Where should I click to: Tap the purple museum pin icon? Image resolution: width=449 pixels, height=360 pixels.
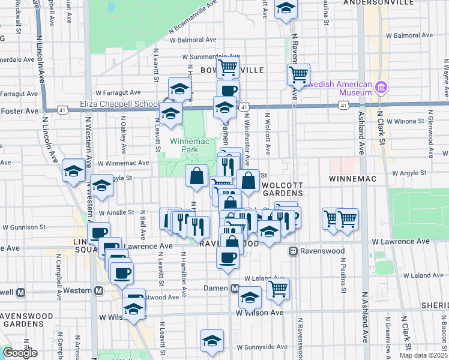381,89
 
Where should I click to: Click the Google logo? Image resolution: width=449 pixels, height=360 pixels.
19,353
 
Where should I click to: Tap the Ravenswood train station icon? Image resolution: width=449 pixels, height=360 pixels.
294,251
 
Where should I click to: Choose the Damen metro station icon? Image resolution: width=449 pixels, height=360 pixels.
236,289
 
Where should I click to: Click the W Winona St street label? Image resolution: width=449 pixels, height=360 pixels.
408,121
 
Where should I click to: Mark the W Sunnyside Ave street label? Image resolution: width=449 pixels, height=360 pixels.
262,347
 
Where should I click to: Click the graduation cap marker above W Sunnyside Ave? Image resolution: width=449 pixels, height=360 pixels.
212,340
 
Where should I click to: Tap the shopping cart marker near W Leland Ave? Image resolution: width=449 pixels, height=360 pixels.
278,289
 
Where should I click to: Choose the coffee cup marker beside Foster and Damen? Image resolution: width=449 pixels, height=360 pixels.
228,91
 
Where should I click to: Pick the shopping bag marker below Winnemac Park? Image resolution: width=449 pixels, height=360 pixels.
197,176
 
